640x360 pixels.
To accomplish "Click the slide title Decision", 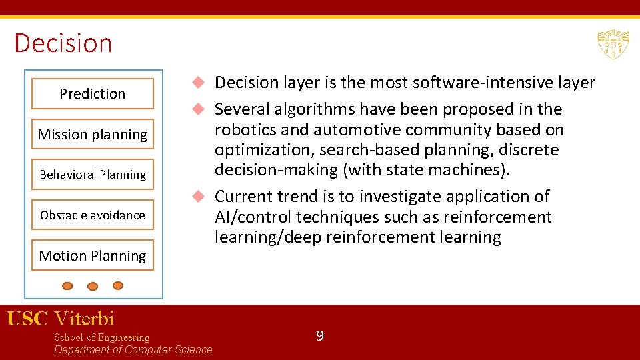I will pos(63,43).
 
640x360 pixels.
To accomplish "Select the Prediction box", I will pos(92,94).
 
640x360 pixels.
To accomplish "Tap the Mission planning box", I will pos(92,135).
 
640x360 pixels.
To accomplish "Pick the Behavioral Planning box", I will pos(92,175).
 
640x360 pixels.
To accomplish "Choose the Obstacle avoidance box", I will pos(92,215).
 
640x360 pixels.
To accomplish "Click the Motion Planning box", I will pos(92,256).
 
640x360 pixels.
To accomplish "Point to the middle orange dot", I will pos(93,287).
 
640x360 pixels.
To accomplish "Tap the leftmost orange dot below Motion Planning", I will pos(67,286).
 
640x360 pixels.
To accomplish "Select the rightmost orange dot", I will pos(118,285).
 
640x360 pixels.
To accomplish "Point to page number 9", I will pos(319,336).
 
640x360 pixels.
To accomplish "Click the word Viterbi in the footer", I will pos(84,319).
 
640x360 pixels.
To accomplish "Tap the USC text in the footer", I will pos(27,319).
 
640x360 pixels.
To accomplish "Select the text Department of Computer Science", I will pos(133,350).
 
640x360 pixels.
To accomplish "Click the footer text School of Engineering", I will pos(101,337).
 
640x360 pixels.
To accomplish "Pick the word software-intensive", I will pos(470,83).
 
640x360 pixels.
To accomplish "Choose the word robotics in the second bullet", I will pos(244,130).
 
